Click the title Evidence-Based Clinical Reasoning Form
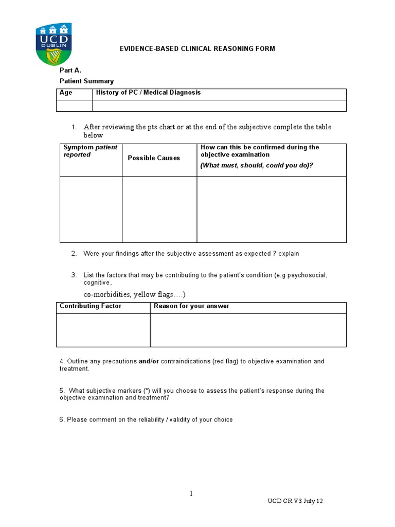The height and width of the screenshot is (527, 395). point(197,49)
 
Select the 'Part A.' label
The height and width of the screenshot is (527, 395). point(70,71)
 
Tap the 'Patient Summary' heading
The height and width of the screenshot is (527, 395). point(86,81)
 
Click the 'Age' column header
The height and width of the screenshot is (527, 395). point(66,93)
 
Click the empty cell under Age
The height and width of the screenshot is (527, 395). point(74,106)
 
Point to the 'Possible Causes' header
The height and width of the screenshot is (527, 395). point(154,158)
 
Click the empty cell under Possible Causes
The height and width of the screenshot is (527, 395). point(159,209)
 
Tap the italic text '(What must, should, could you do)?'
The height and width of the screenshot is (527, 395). point(257,165)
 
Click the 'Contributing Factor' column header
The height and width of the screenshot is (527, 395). point(91,306)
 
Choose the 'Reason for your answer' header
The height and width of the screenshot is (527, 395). point(191,306)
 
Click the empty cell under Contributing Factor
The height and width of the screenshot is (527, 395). point(103,330)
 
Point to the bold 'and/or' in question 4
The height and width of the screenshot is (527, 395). point(149,361)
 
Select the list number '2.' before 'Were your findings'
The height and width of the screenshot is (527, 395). point(74,254)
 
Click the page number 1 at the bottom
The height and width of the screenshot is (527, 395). point(191,494)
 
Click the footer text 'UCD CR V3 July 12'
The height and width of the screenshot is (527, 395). point(295,501)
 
